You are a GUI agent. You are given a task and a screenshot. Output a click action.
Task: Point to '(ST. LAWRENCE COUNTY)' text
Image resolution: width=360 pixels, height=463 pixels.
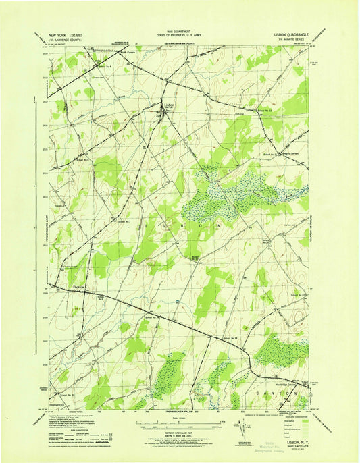[x=62, y=39]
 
